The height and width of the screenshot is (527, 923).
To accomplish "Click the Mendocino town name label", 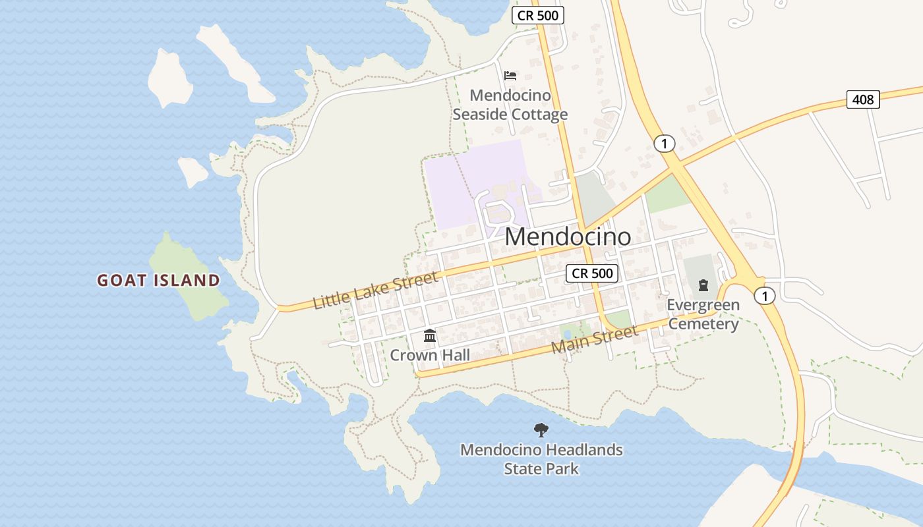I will point(568,237).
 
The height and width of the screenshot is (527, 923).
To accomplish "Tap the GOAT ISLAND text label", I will point(158,281).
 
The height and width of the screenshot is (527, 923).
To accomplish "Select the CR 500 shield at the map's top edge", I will point(538,15).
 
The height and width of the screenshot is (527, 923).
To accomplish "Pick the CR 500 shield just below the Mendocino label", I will point(592,273).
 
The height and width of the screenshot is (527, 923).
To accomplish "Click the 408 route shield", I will point(863,99).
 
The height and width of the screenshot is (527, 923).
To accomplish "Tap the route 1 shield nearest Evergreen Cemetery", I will point(764,296).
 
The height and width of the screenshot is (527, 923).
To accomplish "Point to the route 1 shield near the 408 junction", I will point(665,144).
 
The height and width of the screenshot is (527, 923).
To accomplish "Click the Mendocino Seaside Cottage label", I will point(510,105).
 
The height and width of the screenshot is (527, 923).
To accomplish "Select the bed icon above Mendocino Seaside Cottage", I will point(510,76).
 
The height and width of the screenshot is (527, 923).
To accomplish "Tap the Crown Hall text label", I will point(430,356).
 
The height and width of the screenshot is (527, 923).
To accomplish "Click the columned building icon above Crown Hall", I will point(430,336).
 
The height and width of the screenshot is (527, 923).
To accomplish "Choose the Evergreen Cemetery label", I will point(703,314).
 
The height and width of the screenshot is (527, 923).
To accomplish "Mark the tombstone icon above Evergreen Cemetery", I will point(703,285).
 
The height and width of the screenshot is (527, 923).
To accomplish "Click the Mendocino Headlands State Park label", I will point(541,459).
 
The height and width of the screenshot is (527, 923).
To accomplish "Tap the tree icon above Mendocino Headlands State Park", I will point(541,430).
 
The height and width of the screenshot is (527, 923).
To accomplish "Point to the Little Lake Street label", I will point(375,290).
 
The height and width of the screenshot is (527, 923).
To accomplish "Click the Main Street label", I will point(595,339).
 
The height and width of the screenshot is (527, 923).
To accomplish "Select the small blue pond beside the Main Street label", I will point(567,334).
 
